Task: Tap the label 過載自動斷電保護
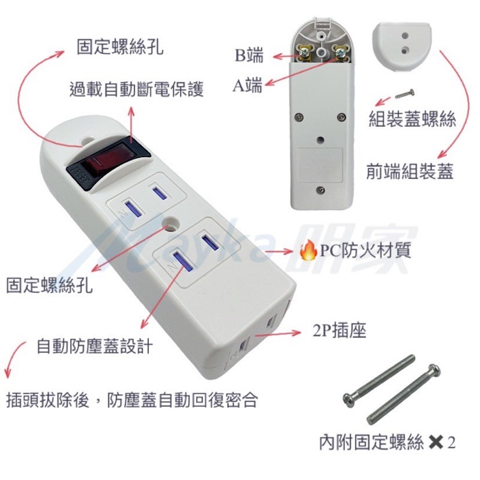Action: click(136, 89)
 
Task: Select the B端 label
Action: click(249, 55)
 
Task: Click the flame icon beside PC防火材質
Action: click(308, 250)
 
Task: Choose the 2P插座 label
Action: click(339, 330)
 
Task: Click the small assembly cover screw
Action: click(405, 94)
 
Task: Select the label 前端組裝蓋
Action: click(410, 172)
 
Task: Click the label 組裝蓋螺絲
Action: click(412, 119)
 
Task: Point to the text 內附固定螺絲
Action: click(371, 442)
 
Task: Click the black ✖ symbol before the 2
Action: click(436, 442)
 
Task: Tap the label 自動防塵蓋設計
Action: click(94, 347)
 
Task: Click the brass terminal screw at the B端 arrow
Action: click(305, 53)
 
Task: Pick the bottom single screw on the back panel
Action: click(320, 190)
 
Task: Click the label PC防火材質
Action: click(365, 250)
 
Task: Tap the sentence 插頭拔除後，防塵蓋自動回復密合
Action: click(132, 400)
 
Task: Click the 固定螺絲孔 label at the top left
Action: click(119, 47)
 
